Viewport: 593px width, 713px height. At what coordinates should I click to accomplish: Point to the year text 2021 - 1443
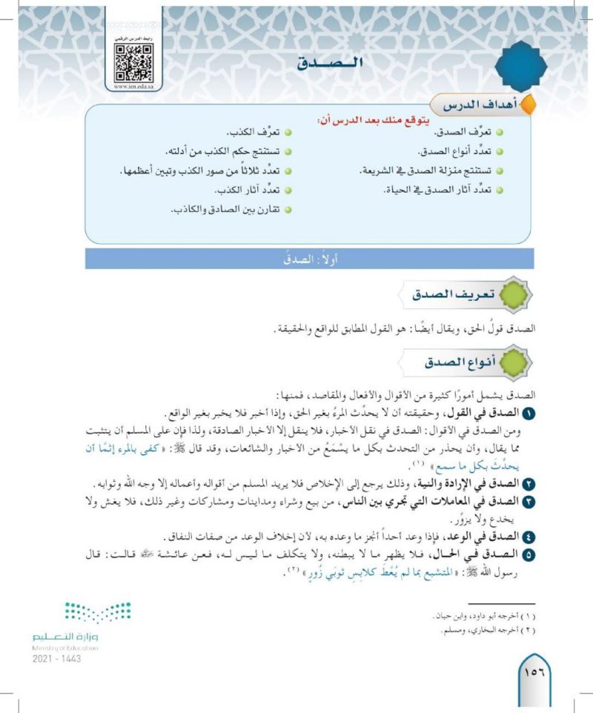(x=57, y=658)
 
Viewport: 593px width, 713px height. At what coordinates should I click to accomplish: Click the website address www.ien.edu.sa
(x=133, y=87)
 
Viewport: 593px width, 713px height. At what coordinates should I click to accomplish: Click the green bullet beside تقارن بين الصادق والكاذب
(x=288, y=211)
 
